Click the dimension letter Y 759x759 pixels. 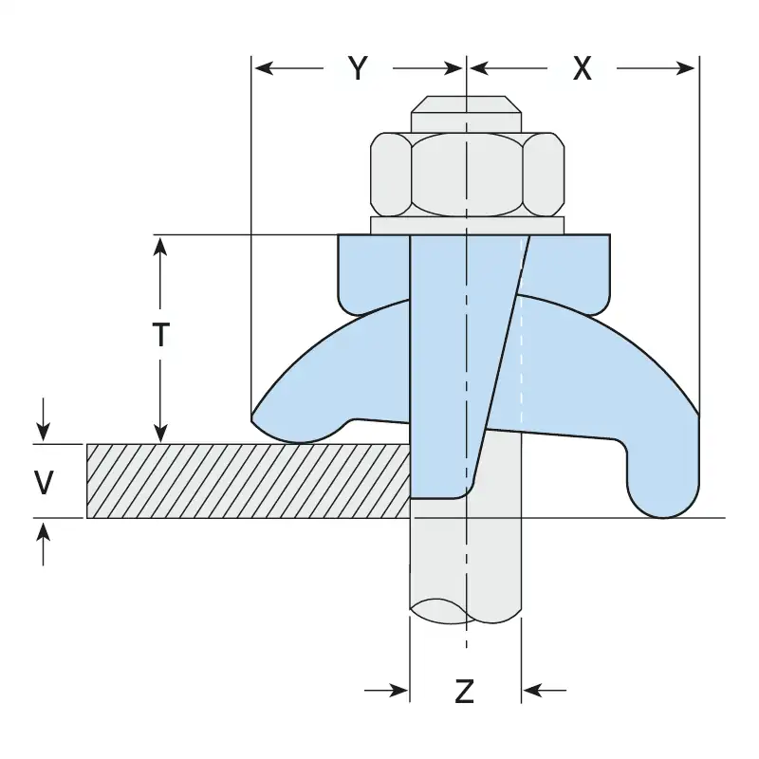[358, 68]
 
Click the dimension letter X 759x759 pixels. [582, 68]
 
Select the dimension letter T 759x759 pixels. [160, 334]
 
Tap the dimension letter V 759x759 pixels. [44, 482]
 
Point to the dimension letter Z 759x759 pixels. [465, 692]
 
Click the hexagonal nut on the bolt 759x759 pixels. [467, 175]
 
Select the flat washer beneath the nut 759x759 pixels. [467, 226]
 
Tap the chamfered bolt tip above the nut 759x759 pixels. [466, 114]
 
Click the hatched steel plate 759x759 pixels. [248, 481]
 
